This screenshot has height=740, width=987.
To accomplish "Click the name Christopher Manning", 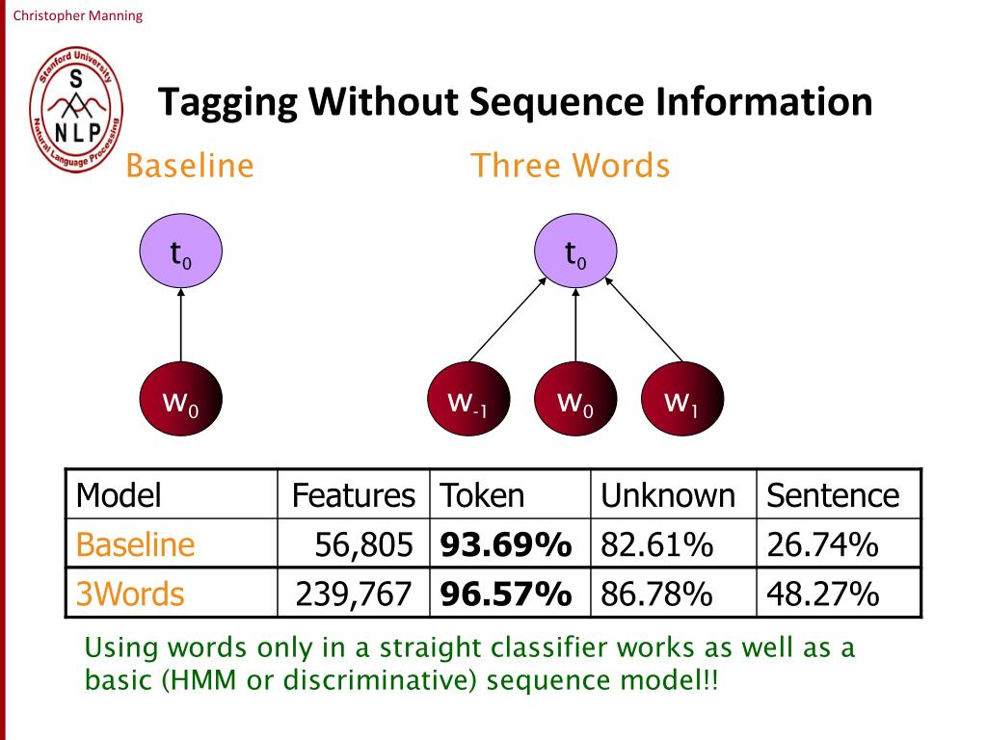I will tap(77, 15).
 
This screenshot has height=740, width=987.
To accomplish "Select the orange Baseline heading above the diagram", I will tap(190, 166).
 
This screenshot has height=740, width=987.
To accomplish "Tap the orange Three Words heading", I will tap(570, 166).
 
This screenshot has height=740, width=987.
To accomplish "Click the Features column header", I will tap(353, 495).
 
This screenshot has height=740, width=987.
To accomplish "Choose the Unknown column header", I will tap(668, 495).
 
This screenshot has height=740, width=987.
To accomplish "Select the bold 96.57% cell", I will tap(506, 594).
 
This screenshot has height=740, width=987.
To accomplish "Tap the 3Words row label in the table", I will tap(130, 594).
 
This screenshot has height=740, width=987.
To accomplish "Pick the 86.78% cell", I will tap(656, 594).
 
